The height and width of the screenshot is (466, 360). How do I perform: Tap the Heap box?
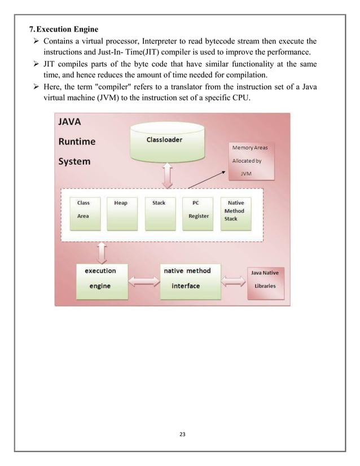(121, 213)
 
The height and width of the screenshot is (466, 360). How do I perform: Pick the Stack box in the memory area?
(159, 213)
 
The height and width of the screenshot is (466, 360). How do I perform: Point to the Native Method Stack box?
(235, 213)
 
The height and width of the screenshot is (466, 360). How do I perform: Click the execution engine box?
(100, 278)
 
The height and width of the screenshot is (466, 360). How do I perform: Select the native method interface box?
(187, 278)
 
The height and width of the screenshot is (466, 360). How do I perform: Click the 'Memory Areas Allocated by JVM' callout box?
(250, 160)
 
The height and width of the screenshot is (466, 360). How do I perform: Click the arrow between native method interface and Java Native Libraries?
(232, 280)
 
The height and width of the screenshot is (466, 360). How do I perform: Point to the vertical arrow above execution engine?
(102, 253)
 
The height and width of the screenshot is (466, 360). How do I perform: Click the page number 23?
(181, 434)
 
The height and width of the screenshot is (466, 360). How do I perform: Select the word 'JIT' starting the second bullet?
(51, 64)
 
